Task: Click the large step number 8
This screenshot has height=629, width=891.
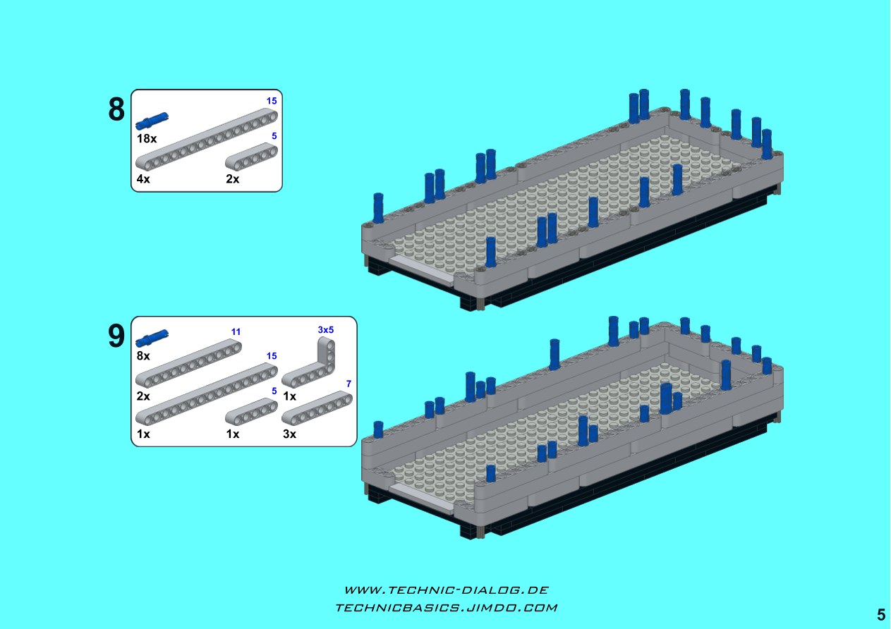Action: (116, 109)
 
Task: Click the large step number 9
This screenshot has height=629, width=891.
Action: (116, 336)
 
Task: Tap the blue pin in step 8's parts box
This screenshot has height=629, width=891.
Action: (152, 121)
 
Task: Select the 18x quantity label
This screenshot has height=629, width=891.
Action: (146, 139)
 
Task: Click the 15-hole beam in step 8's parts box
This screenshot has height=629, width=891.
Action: (207, 140)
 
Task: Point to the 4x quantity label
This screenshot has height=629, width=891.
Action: (143, 179)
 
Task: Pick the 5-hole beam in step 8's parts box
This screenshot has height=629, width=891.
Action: (251, 157)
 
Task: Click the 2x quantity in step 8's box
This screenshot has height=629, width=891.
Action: (233, 179)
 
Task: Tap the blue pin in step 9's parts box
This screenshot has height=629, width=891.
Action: (152, 338)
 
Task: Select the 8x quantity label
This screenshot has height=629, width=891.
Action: (143, 356)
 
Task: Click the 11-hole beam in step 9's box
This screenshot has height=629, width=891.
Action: (188, 363)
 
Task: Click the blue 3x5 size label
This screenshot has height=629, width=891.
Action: (326, 330)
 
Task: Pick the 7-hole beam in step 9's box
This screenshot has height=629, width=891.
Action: (317, 408)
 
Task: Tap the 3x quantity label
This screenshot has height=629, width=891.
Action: (289, 434)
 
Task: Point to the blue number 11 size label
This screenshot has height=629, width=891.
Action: (236, 332)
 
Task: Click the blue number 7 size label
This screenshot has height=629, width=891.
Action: (348, 384)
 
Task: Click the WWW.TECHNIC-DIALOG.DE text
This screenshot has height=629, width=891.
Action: (447, 590)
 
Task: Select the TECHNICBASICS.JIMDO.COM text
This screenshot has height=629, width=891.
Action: (447, 608)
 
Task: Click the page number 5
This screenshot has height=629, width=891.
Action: (881, 615)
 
